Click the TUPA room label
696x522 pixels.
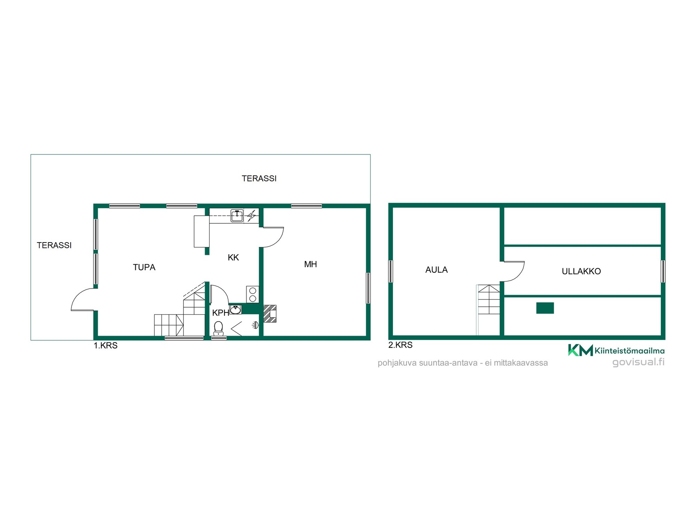144,267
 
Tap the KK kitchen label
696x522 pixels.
233,257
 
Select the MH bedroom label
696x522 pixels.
310,264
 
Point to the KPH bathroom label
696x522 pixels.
220,313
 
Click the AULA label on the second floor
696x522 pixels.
436,270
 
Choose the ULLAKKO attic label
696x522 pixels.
581,271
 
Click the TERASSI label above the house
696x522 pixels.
259,178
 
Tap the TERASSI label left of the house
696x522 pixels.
54,245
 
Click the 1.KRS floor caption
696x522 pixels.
105,345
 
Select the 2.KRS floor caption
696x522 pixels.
400,345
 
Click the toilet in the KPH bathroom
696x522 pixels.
218,328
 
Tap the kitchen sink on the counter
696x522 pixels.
237,216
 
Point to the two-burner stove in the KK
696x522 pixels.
253,294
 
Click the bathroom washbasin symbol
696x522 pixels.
236,309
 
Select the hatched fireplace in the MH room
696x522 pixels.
270,314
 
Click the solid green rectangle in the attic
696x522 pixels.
545,308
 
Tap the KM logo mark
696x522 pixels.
580,350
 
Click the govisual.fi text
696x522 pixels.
638,362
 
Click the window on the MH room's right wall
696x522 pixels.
368,288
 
